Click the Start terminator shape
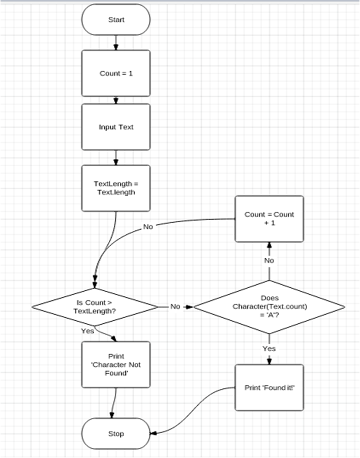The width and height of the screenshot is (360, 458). (x=116, y=20)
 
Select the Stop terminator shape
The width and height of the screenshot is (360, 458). (x=116, y=434)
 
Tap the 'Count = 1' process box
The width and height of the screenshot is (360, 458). (x=116, y=73)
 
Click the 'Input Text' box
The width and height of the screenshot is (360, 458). (x=116, y=127)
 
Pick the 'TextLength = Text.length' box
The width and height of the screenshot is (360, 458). (x=116, y=188)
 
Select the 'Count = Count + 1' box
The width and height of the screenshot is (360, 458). (x=269, y=219)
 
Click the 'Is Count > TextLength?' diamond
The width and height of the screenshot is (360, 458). (x=95, y=307)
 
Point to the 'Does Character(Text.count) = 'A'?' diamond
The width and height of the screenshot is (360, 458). (x=269, y=307)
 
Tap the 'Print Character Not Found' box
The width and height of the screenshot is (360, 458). (x=116, y=364)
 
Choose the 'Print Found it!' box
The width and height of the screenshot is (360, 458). (x=269, y=387)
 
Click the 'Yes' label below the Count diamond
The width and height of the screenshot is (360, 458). (x=87, y=330)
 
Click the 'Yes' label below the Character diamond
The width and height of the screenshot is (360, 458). (x=269, y=349)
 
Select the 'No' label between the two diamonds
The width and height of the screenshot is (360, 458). (x=175, y=307)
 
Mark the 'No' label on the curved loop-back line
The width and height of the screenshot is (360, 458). (x=148, y=227)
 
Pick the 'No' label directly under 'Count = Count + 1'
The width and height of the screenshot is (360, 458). (x=269, y=260)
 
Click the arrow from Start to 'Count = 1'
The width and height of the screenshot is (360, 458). (x=116, y=43)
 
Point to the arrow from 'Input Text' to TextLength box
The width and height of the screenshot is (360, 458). (x=116, y=158)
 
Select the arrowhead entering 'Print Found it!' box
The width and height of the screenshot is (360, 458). (x=269, y=361)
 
